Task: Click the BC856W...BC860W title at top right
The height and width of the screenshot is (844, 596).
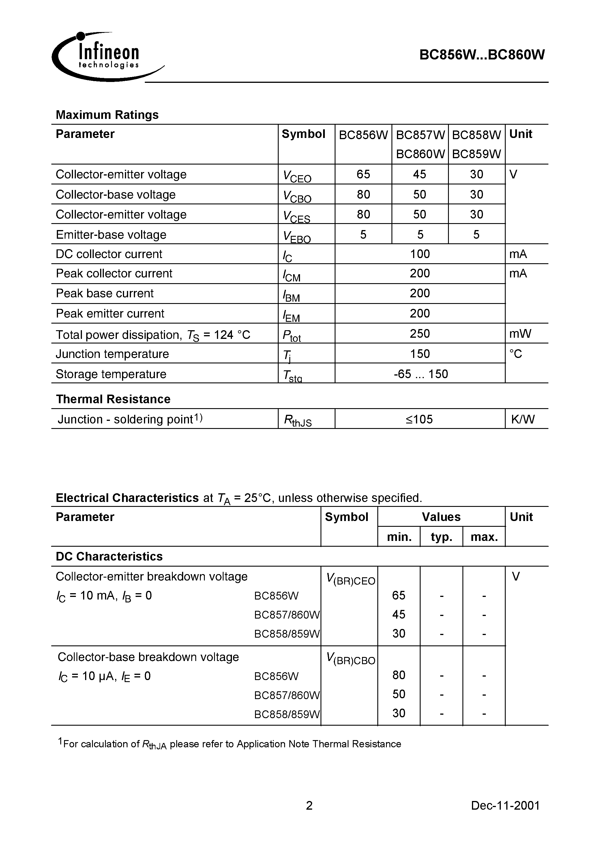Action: (x=482, y=55)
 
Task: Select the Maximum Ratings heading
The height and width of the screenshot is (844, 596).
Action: (x=107, y=115)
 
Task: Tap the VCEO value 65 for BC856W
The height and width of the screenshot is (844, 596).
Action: (x=363, y=174)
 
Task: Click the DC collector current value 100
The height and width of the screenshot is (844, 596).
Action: (x=420, y=254)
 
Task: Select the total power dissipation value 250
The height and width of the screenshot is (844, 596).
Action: (x=420, y=333)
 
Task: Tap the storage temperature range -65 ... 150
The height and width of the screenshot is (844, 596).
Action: (x=420, y=374)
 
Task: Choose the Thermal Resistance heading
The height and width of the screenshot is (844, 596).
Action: (x=113, y=399)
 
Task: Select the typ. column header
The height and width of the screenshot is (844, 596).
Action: (x=441, y=537)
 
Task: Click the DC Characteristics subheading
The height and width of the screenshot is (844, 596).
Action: (x=109, y=557)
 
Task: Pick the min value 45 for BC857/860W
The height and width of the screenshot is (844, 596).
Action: (x=398, y=614)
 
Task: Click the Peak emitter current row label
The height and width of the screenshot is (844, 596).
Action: (x=110, y=313)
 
